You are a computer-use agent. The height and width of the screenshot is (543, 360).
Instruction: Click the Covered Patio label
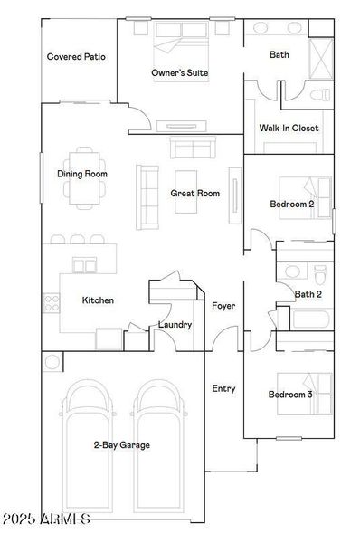[76, 56]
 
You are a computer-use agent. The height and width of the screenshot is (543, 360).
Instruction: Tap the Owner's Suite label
[181, 72]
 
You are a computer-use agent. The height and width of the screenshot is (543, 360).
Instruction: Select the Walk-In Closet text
[289, 129]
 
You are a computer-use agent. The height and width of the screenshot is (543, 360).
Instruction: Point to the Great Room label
[195, 193]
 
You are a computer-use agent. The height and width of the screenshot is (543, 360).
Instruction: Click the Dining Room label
[82, 174]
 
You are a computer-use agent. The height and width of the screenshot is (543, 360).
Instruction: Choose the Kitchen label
[98, 300]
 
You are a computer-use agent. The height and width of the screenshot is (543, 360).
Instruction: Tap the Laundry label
[175, 324]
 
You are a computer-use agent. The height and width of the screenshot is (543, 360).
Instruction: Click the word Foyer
[223, 306]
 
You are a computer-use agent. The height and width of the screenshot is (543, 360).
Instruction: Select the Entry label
[223, 388]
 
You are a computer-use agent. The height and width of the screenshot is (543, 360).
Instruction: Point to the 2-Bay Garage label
[121, 444]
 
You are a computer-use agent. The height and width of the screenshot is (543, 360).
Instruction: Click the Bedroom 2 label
[292, 205]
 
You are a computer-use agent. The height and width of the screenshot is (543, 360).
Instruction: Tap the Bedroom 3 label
[291, 395]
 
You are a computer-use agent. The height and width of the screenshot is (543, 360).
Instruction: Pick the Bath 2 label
[308, 293]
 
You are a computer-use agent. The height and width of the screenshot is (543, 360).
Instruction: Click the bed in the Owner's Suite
[182, 40]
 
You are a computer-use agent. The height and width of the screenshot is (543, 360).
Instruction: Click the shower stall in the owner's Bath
[321, 58]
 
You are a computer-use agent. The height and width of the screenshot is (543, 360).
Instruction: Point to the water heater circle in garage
[52, 363]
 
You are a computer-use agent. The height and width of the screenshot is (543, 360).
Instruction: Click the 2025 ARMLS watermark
[45, 519]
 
